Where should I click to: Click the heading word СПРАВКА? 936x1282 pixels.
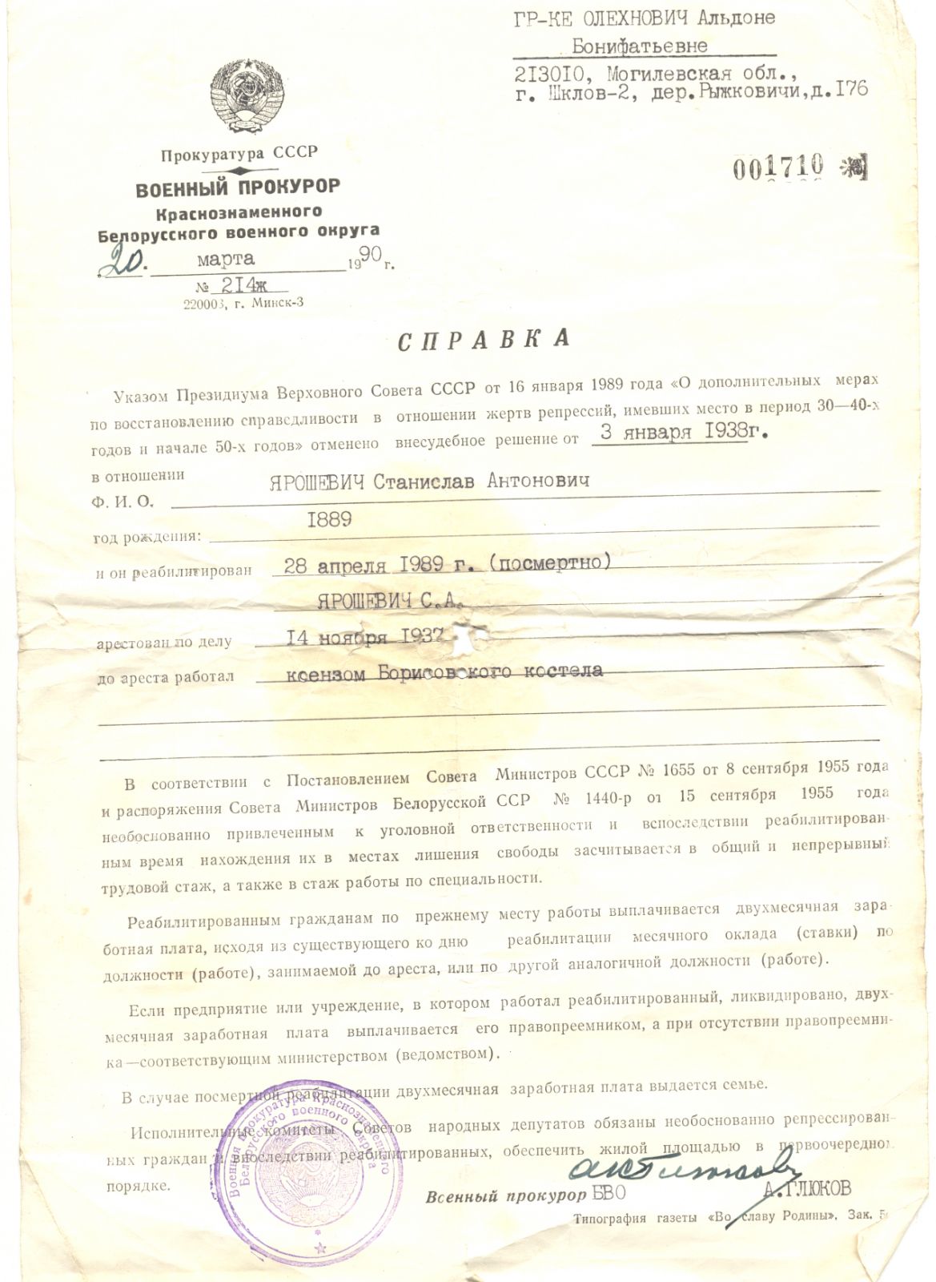pyautogui.click(x=483, y=339)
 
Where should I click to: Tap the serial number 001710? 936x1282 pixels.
pyautogui.click(x=779, y=165)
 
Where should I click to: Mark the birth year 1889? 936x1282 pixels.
pyautogui.click(x=329, y=519)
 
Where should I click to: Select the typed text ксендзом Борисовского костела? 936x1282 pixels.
pyautogui.click(x=444, y=671)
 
